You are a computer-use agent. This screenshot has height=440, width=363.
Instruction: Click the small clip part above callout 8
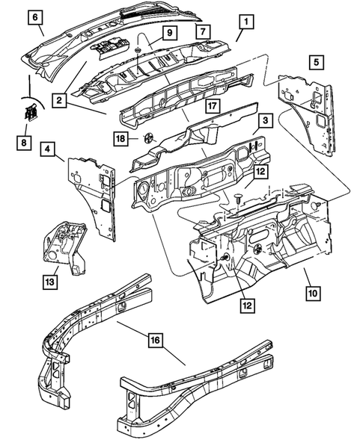tap(31, 114)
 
